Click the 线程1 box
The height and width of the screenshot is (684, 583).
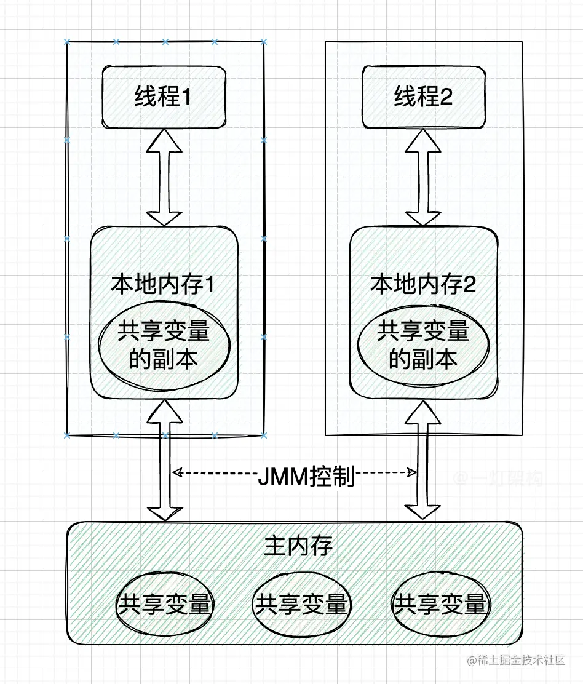164,97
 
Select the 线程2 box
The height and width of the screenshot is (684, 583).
423,97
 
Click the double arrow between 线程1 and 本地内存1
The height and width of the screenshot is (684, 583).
164,179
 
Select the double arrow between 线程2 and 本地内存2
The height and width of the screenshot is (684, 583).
423,179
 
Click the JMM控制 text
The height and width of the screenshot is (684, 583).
306,475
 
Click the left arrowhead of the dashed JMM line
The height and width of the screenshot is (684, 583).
177,473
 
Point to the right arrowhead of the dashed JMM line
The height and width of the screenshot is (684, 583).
412,473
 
